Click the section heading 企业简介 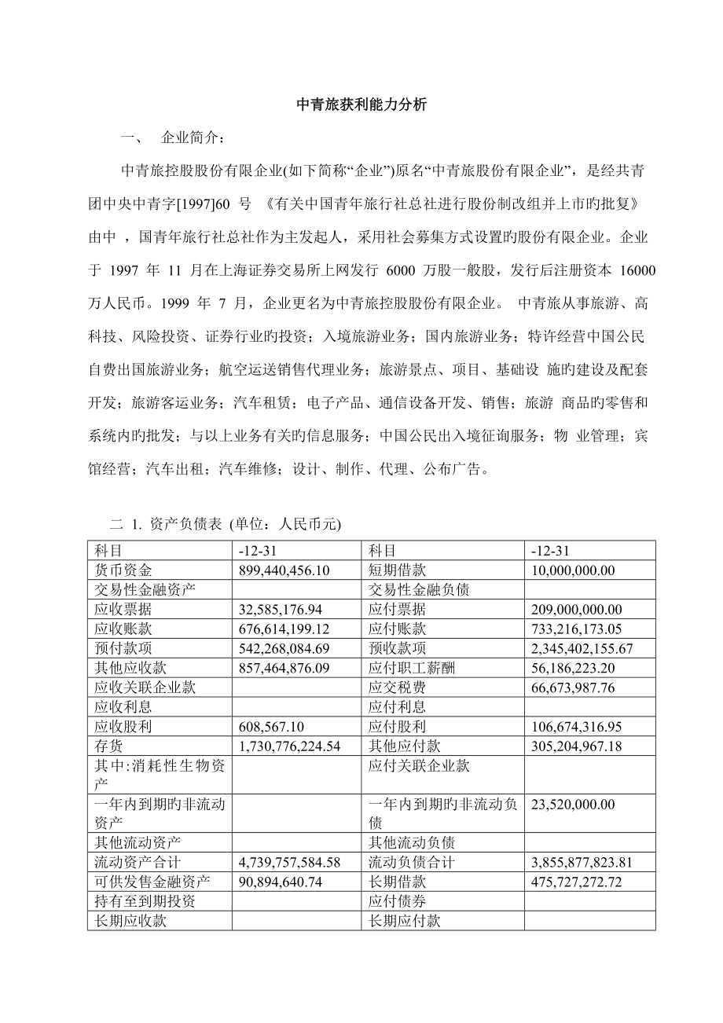(192, 138)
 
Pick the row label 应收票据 (118, 609)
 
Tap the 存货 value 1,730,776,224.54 (288, 746)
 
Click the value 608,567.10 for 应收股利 (271, 726)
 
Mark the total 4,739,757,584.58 (288, 862)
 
